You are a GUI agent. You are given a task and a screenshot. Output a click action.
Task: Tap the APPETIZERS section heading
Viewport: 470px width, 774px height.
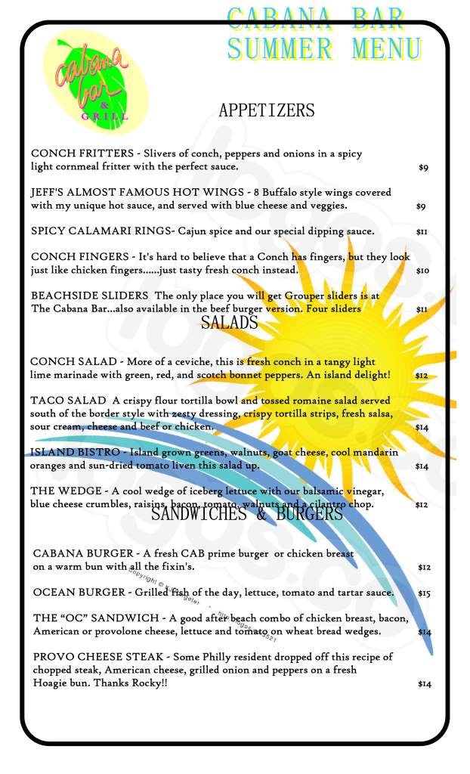coord(266,110)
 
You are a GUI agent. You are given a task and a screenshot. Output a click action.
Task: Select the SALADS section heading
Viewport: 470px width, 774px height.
coord(229,323)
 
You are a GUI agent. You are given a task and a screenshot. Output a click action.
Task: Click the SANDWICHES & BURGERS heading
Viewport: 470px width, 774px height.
coord(247,514)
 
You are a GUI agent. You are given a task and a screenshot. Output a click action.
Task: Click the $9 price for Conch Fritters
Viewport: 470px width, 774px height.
coord(423,168)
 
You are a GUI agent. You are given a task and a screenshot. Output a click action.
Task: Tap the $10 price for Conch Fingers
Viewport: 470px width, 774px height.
coord(422,270)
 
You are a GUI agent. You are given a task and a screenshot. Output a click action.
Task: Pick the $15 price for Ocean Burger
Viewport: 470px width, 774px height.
coord(424,594)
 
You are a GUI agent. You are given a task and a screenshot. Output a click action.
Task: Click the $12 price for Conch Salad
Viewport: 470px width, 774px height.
coord(422,375)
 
